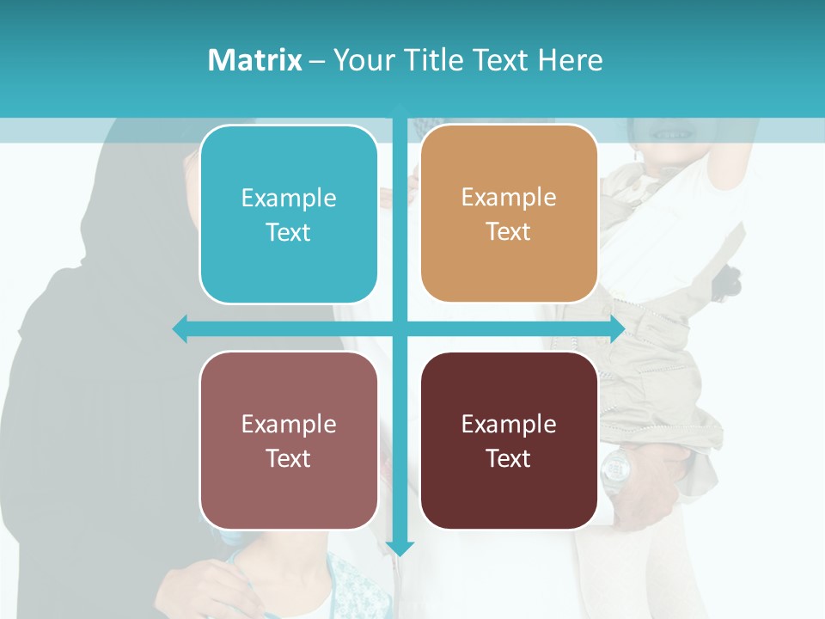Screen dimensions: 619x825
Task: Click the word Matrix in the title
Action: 254,60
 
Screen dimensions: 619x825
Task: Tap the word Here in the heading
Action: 571,60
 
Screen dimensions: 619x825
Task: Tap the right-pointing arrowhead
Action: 616,328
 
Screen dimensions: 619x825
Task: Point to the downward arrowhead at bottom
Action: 400,548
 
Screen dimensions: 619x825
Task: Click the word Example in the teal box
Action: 289,199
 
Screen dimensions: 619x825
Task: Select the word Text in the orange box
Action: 509,232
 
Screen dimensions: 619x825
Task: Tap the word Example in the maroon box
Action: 509,424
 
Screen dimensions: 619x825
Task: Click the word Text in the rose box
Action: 289,458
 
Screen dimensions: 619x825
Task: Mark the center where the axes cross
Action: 400,328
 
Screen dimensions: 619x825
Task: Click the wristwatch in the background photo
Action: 616,469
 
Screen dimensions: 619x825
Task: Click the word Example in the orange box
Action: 509,198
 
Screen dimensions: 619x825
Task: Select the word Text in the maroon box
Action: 509,458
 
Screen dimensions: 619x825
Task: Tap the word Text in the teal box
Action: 289,233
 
